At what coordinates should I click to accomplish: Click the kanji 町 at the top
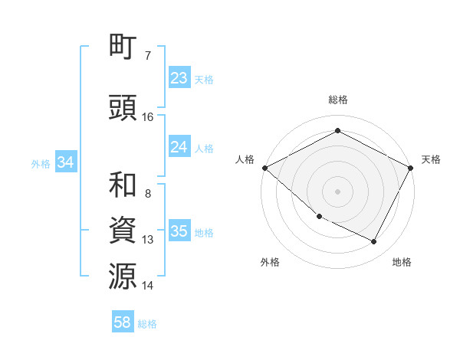tap(123, 48)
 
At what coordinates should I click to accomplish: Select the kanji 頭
tap(123, 107)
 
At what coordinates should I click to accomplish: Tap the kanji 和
tap(123, 185)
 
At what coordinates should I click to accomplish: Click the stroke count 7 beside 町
tap(147, 56)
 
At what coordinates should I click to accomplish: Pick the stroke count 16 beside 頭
tap(148, 117)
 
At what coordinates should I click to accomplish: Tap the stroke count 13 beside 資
tap(148, 240)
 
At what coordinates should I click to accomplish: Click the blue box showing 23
tap(179, 78)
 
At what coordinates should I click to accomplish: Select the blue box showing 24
tap(179, 147)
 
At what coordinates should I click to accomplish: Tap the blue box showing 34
tap(65, 162)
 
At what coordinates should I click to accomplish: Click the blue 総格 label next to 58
tap(147, 324)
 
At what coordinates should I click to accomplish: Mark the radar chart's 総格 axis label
tap(338, 100)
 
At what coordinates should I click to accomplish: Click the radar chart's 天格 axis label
tap(431, 159)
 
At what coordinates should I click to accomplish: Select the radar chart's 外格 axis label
tap(270, 262)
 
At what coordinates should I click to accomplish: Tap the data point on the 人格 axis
tap(264, 168)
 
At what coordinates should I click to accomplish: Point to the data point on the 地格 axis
tap(374, 241)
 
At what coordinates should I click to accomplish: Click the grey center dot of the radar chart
tap(338, 191)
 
